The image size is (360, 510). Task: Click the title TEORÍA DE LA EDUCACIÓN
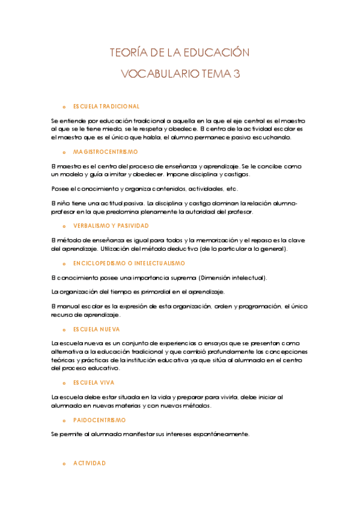coord(179,53)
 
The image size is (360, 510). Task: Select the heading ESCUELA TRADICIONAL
coord(106,106)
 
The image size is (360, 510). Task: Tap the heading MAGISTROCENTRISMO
coord(105,152)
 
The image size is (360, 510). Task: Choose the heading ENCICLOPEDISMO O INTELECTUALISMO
coord(129,263)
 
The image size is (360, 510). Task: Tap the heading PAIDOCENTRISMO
coord(100,420)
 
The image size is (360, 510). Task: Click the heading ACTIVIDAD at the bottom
coord(90,463)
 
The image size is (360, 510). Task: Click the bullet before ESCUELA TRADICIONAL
coord(64,106)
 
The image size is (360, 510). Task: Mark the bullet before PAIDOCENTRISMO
coord(64,420)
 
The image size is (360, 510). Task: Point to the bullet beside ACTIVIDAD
coord(64,464)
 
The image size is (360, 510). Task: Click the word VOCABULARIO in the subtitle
coord(161,74)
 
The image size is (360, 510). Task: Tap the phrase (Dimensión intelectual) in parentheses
coord(231,277)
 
